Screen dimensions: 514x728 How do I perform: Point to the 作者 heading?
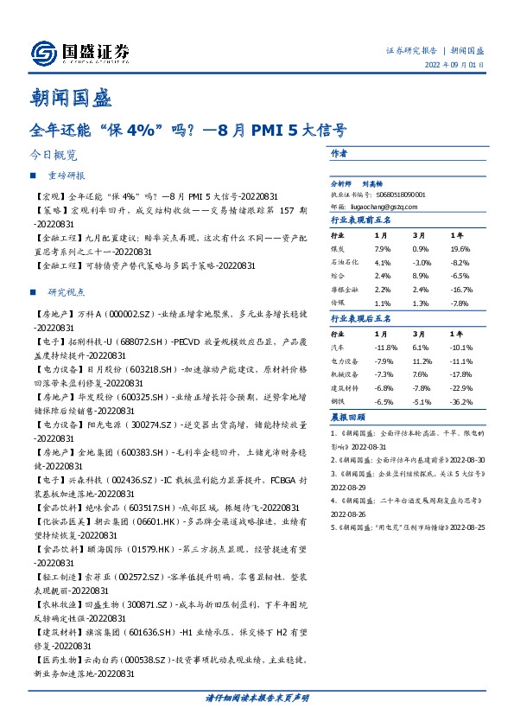tap(339, 152)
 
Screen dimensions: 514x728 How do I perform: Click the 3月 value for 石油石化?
tap(422, 261)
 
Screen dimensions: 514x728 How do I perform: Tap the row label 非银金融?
tap(343, 291)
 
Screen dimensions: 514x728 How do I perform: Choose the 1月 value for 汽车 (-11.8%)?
tap(385, 348)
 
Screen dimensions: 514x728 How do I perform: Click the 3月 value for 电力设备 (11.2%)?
tap(422, 361)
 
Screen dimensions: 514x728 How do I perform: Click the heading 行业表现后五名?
tap(362, 320)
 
